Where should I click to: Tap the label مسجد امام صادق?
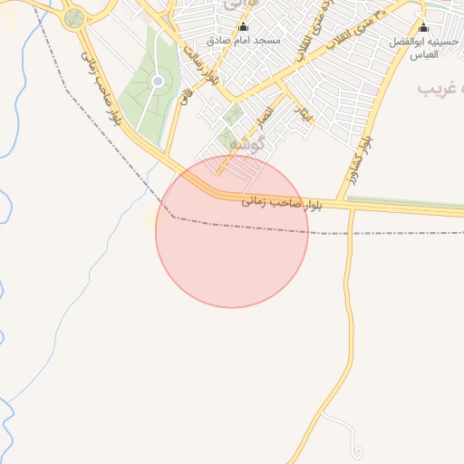pyautogui.click(x=243, y=42)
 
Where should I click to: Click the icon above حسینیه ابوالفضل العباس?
pyautogui.click(x=423, y=28)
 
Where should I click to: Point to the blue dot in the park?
pyautogui.click(x=159, y=82)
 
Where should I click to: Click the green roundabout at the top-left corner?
pyautogui.click(x=74, y=16)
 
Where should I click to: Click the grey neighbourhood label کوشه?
pyautogui.click(x=246, y=143)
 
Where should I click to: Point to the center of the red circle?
pyautogui.click(x=232, y=231)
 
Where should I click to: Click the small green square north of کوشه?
pyautogui.click(x=233, y=114)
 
